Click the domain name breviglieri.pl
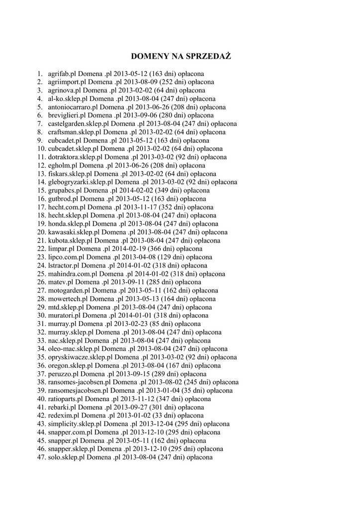[67, 115]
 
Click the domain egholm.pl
[63, 166]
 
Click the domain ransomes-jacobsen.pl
[80, 382]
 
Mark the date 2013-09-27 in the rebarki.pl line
[125, 407]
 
